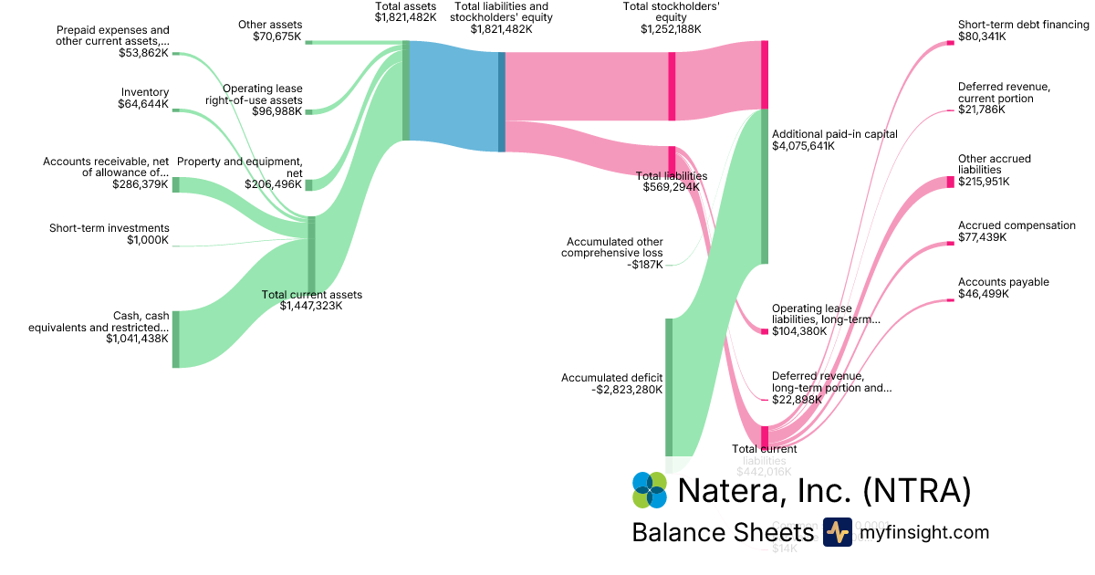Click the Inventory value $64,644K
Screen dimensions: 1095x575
pos(143,104)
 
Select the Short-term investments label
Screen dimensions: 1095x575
pos(109,228)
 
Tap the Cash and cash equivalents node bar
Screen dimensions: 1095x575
pos(176,339)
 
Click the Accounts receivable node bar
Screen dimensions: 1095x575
pos(176,184)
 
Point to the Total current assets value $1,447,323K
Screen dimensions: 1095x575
pos(311,306)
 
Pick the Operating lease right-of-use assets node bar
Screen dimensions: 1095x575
pos(308,111)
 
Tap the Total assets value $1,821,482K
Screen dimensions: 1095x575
pos(405,17)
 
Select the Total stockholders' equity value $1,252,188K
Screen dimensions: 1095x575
pos(671,29)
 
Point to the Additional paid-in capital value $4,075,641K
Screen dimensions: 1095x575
pos(803,146)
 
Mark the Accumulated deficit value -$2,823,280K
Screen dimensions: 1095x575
pos(627,390)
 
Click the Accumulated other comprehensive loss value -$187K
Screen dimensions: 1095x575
pos(645,265)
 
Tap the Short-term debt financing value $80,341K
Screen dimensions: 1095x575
pos(982,37)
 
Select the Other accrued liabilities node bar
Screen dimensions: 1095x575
pos(950,182)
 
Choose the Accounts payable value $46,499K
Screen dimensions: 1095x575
pos(982,294)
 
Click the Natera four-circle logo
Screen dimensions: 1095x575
pos(650,490)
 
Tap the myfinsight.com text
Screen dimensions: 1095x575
pos(923,532)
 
